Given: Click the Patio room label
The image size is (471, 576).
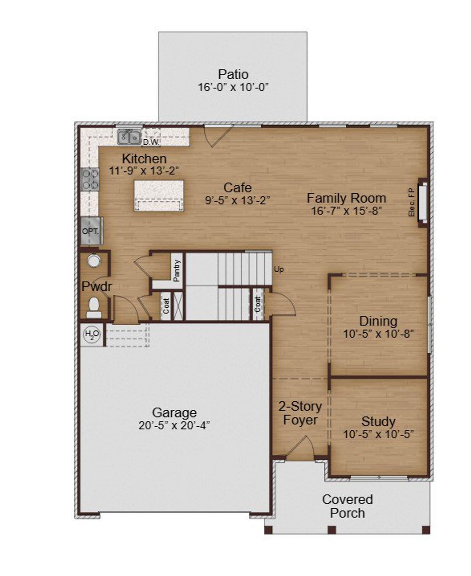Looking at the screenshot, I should point(233,74).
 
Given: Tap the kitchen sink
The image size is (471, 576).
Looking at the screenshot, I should point(129,137).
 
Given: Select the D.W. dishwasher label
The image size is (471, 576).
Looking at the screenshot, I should point(151,142).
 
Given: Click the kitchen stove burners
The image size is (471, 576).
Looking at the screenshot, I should point(90,179).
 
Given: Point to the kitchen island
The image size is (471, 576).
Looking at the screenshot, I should point(159,195).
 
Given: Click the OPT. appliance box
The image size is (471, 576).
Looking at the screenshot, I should point(91,231).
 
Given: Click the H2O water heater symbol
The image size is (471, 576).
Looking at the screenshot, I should point(92,335).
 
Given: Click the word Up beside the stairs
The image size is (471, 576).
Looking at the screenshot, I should point(279,269).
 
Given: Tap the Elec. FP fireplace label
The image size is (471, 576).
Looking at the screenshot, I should point(412,202).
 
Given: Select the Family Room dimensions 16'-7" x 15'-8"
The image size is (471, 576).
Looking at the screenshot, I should point(346,211).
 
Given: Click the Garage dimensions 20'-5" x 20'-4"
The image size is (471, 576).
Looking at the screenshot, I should point(174,425).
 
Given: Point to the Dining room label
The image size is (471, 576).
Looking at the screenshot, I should point(378,321).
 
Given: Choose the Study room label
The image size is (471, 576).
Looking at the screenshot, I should point(378,421).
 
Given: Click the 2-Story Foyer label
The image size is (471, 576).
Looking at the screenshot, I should point(300,413).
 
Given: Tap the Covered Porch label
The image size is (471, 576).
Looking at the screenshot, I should point(347,506).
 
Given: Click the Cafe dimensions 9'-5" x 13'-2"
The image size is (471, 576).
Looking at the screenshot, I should point(237,200).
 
